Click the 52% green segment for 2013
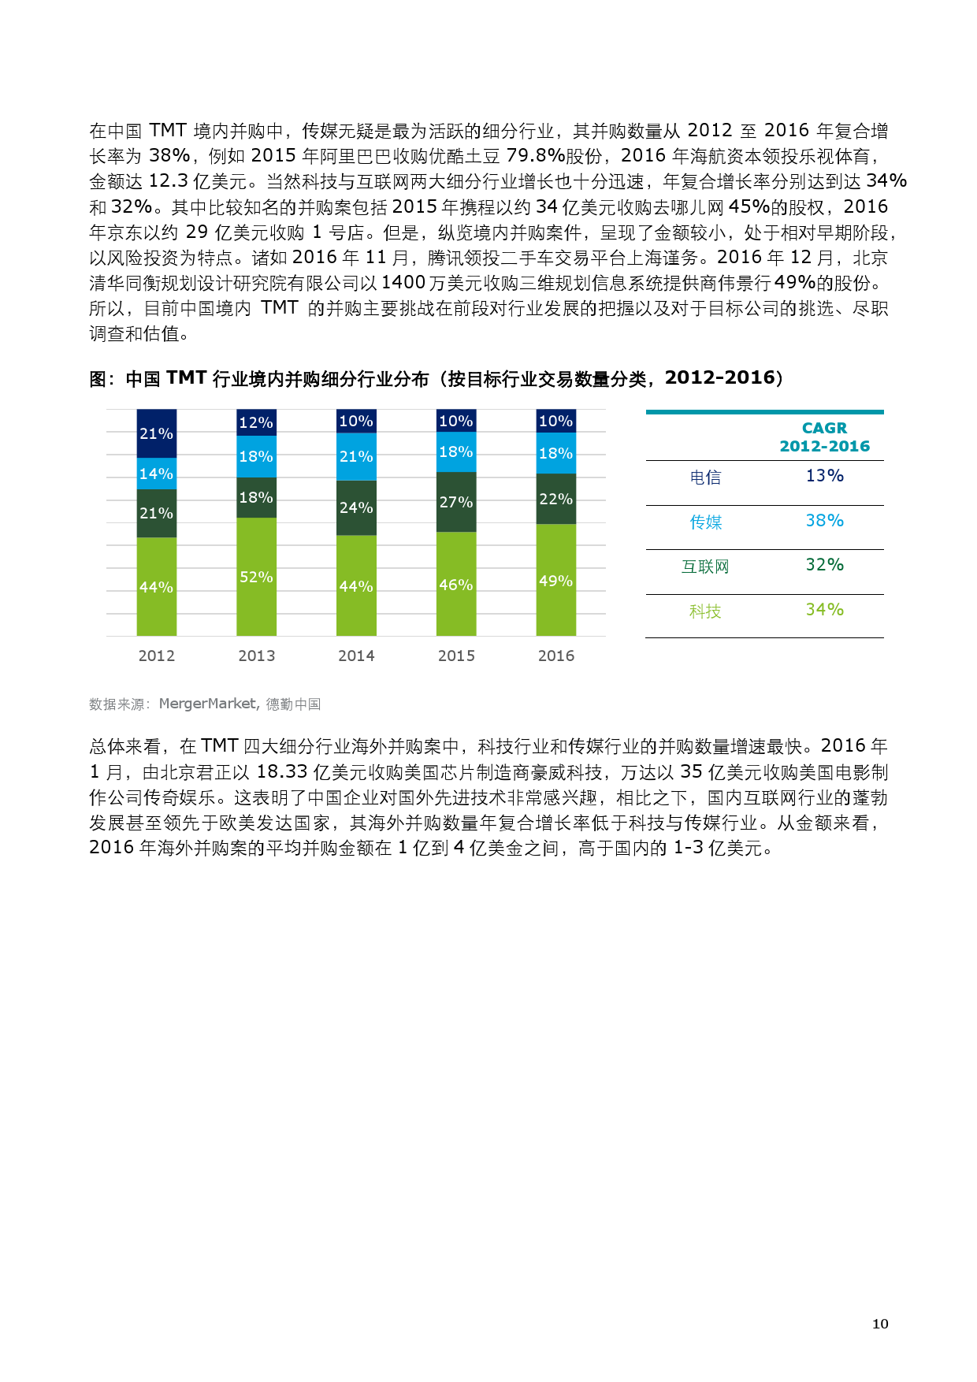[x=256, y=576]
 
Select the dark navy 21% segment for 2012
[x=156, y=433]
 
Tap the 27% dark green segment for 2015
[x=456, y=502]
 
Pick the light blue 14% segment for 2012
[x=156, y=474]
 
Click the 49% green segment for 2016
[x=555, y=580]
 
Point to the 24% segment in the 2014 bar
[x=356, y=507]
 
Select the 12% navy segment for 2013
[x=256, y=422]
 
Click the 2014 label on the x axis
[x=356, y=656]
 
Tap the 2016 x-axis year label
[x=556, y=656]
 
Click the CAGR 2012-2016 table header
[x=824, y=437]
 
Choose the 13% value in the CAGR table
[x=824, y=476]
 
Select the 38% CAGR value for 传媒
[x=824, y=521]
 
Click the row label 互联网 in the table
[x=705, y=567]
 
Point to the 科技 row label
[x=705, y=611]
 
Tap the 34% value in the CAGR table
[x=824, y=610]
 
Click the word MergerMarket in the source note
[x=208, y=704]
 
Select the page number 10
[x=880, y=1324]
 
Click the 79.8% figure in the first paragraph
[x=535, y=156]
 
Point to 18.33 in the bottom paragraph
[x=281, y=772]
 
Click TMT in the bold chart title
[x=187, y=378]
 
